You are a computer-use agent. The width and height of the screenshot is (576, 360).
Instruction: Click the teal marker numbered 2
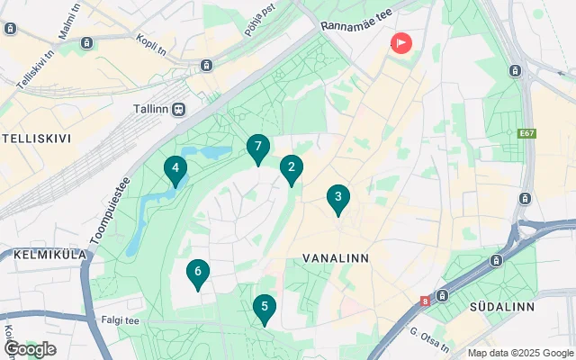click(291, 168)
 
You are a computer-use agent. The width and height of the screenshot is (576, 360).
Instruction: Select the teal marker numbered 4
click(175, 168)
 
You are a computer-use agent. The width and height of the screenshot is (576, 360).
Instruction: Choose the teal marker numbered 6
click(198, 273)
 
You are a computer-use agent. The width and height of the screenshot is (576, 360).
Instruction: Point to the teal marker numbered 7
click(258, 148)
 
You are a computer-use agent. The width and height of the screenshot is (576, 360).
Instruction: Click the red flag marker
click(400, 42)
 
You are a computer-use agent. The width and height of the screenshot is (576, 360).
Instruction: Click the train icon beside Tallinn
click(180, 109)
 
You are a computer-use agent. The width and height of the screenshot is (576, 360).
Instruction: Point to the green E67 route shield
click(527, 134)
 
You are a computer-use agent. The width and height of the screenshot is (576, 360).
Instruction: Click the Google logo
click(30, 348)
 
